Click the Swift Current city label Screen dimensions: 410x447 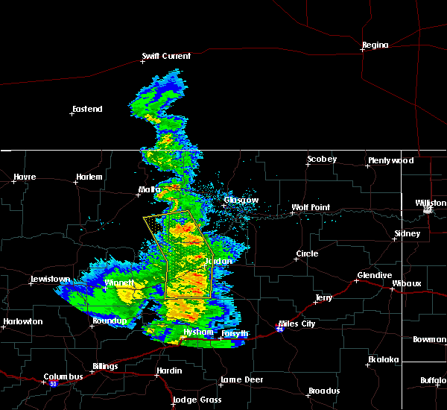[x=167, y=56]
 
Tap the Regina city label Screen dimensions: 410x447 [x=375, y=45]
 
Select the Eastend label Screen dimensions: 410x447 [x=87, y=109]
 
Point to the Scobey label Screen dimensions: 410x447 [x=322, y=159]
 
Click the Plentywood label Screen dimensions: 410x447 [x=390, y=160]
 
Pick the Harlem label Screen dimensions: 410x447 [x=89, y=177]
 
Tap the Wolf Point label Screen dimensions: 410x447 [x=310, y=207]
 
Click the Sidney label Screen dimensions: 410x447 [x=408, y=233]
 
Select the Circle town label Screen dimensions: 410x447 [x=307, y=253]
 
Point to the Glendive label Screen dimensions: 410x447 [x=374, y=275]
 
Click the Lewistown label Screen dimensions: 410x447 [x=50, y=280]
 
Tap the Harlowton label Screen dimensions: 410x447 [x=22, y=321]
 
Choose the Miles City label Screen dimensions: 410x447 [x=297, y=324]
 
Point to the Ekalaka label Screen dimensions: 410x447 [x=384, y=359]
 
